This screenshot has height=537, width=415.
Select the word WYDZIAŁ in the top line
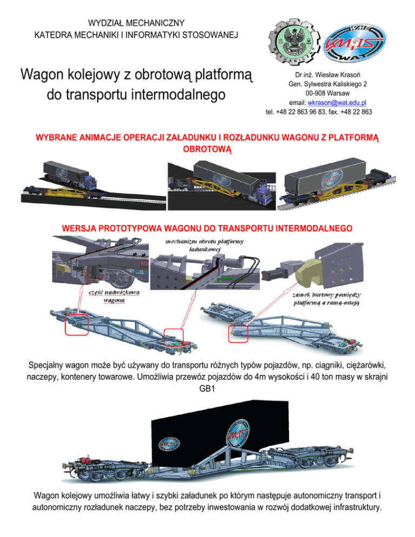pos(107,23)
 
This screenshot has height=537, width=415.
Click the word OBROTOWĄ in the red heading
pos(207,147)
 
